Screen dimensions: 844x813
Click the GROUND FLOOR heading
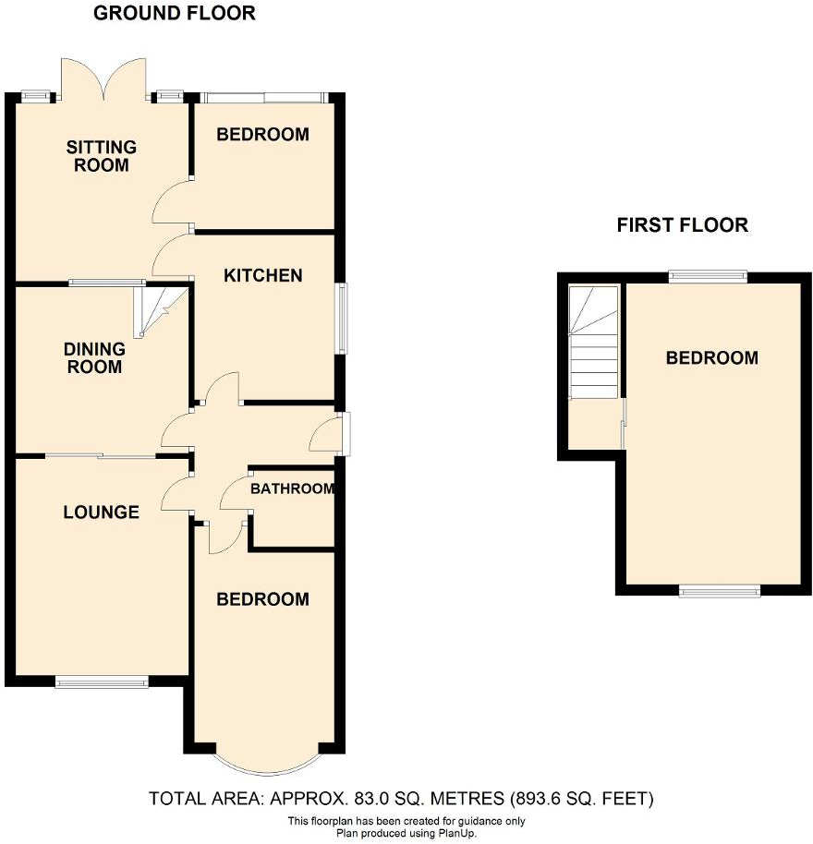coord(175,13)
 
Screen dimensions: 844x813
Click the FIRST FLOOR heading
coord(682,224)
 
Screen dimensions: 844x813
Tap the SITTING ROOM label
coord(102,156)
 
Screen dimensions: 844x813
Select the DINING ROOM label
coord(94,357)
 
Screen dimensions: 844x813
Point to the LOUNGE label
coord(101,512)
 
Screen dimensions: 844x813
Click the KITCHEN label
coord(263,275)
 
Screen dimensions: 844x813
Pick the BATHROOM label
coord(293,488)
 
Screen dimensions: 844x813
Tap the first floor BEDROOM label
coord(712,357)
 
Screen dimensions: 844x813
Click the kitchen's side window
coord(342,319)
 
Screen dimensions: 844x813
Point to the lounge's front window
coord(102,682)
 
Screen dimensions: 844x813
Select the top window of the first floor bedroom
coord(708,273)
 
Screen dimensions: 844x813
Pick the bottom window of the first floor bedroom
coord(720,591)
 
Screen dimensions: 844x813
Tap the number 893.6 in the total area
coord(560,798)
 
